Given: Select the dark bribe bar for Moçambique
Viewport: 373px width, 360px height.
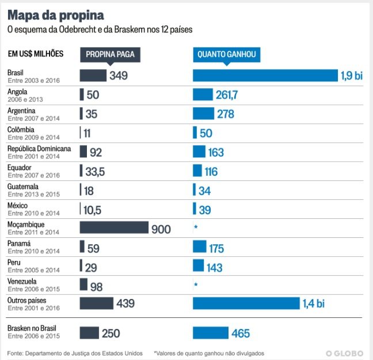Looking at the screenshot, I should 114,228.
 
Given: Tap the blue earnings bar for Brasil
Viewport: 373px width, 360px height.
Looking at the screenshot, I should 265,75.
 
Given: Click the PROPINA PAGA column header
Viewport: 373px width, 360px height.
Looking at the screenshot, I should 110,55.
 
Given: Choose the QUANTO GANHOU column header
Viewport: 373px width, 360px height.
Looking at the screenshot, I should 226,55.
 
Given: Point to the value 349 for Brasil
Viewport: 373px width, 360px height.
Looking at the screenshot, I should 119,75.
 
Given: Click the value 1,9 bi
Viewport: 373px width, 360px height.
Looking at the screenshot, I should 352,76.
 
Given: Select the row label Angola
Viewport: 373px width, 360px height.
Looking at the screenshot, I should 17,92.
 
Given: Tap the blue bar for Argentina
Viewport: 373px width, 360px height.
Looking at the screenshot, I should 203,113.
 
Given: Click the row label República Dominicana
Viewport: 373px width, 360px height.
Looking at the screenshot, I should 39,149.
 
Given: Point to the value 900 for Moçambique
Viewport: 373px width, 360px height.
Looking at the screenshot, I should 161,229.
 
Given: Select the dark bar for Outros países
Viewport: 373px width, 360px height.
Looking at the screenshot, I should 96,304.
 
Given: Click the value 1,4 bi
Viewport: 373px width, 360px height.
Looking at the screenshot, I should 313,304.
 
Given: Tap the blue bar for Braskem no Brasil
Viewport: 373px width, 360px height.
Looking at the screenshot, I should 211,333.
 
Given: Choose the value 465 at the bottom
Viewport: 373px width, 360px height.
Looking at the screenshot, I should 241,334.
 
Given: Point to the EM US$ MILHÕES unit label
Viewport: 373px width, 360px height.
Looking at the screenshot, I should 36,54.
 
